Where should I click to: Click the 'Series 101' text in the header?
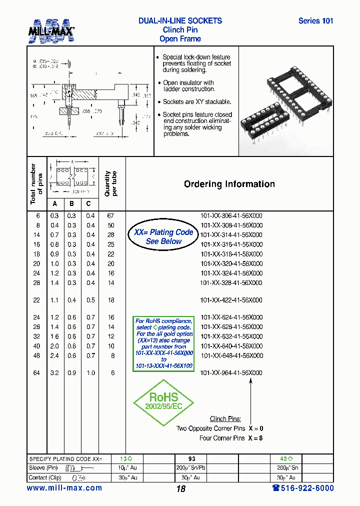coord(315,21)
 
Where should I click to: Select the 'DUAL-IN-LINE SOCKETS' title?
coord(180,21)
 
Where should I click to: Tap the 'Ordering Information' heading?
coord(229,184)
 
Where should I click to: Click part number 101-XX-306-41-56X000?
coord(231,216)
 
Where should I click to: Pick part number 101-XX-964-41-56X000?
coord(231,373)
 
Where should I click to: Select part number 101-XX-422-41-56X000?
coord(231,300)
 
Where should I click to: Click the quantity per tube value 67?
coord(111,216)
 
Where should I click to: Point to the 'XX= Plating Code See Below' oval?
coord(163,237)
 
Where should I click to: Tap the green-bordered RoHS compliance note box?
coord(164,344)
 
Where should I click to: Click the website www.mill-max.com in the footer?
coord(64,488)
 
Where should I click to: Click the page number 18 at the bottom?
coord(180,489)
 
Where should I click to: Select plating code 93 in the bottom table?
coord(191,458)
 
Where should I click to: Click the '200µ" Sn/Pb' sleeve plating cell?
coord(191,468)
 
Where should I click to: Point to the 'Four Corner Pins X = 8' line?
coord(231,438)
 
